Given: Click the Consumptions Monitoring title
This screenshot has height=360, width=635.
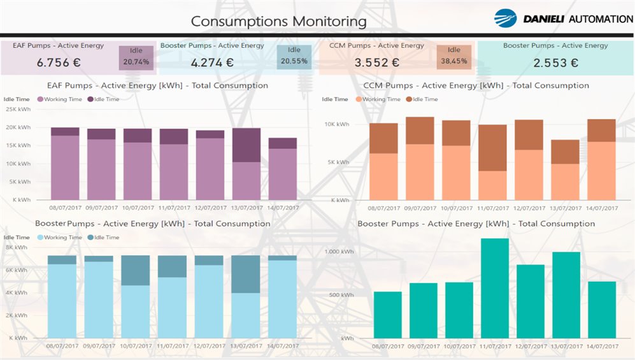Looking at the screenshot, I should (279, 21).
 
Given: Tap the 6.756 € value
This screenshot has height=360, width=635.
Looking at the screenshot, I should (57, 62).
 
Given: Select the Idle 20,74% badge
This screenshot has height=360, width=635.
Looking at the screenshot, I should (136, 57).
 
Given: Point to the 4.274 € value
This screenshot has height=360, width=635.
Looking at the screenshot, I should (212, 62).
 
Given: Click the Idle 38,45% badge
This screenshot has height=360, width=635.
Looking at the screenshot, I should (453, 57).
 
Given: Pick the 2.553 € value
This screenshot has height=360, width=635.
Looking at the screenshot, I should (555, 62).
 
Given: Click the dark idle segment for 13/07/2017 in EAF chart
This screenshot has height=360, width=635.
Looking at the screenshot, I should (246, 145).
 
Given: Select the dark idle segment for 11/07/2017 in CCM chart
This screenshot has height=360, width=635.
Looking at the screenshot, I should (492, 148).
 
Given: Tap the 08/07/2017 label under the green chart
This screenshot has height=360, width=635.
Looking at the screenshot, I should (387, 346).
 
